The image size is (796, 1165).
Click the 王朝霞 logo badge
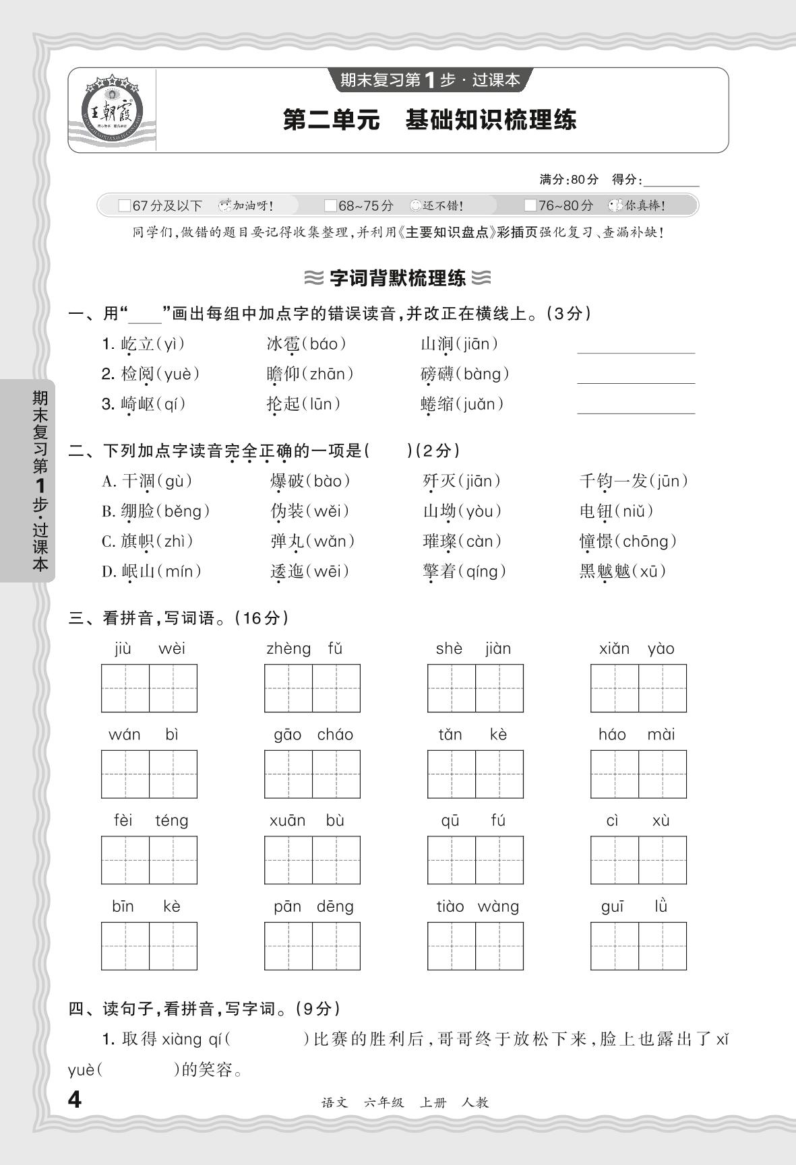(112, 110)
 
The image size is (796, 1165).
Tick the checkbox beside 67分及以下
(124, 205)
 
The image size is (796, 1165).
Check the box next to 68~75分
(330, 205)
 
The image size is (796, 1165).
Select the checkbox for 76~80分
(530, 205)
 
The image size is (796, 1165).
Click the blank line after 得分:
(671, 180)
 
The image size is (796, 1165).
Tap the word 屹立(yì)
(143, 344)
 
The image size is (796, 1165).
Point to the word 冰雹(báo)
(306, 344)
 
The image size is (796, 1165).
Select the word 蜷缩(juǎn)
(462, 404)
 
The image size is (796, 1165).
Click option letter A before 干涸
(109, 481)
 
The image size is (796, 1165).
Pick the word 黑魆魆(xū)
(623, 571)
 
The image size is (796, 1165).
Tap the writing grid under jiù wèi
(149, 688)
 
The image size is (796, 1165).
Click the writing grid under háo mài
(638, 774)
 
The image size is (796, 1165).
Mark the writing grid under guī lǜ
(638, 945)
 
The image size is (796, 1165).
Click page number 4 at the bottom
(75, 1100)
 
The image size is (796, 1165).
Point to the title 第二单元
(331, 121)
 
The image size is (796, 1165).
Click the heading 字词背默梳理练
(398, 277)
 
